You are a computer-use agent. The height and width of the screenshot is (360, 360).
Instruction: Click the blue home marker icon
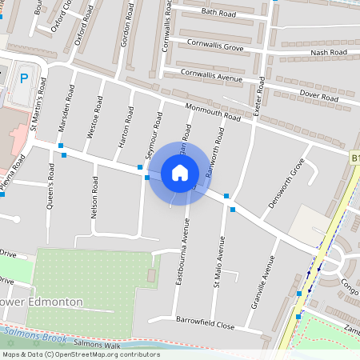click(180, 172)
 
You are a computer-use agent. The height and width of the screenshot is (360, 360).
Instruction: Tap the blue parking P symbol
click(24, 78)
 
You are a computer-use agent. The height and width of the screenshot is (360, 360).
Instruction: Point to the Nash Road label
click(329, 53)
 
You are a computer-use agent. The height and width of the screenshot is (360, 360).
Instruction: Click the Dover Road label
click(318, 94)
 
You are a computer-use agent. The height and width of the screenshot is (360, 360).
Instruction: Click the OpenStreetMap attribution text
click(81, 354)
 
